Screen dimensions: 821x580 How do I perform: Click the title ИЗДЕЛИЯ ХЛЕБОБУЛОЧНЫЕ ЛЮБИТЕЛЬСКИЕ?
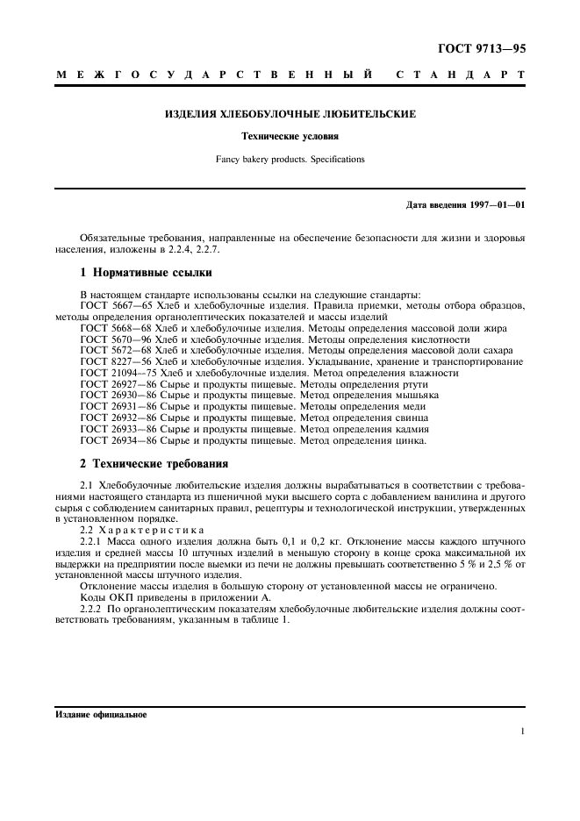pos(290,114)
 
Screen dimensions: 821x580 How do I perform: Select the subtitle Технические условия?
pos(290,137)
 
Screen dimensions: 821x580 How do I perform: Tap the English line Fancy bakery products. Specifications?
pos(290,160)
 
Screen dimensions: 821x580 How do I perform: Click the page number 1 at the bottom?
pos(522,731)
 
